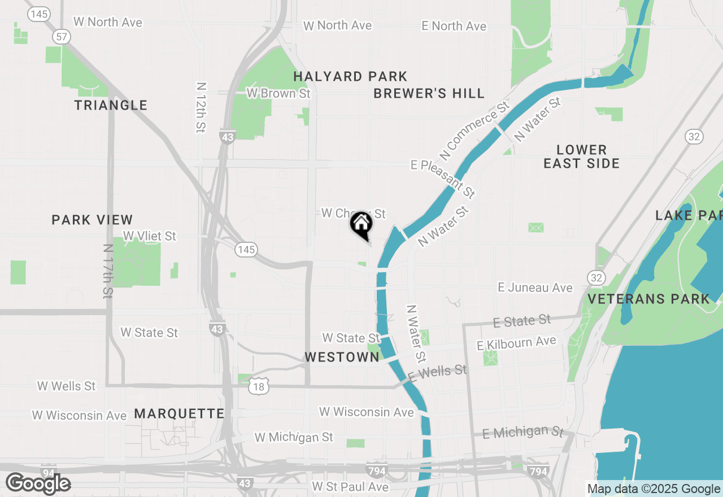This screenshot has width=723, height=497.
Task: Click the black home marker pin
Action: coord(361,225)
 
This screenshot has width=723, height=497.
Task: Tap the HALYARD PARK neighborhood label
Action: coord(350,76)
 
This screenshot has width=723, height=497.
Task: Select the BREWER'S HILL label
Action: coord(429,94)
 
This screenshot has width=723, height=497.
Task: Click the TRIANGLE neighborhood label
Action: coord(111,105)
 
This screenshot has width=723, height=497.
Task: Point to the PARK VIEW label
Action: coord(92,220)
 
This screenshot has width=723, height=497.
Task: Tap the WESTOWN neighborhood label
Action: coord(342,357)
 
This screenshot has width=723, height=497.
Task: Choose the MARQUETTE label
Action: coord(179,414)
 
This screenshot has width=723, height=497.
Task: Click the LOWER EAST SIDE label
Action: coord(582,156)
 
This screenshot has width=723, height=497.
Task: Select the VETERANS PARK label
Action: coord(649,299)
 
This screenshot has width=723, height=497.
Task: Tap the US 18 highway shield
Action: coord(259,386)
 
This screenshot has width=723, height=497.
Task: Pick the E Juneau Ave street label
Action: coord(535,287)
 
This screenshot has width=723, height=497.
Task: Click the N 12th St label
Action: coord(201,107)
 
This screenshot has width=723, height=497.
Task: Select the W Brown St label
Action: coord(278,93)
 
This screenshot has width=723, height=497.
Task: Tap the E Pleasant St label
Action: coord(443,178)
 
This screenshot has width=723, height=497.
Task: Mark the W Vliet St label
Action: coord(150,236)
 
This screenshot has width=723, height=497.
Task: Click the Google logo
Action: coord(38,483)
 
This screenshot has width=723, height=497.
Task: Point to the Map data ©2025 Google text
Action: coord(654,489)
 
